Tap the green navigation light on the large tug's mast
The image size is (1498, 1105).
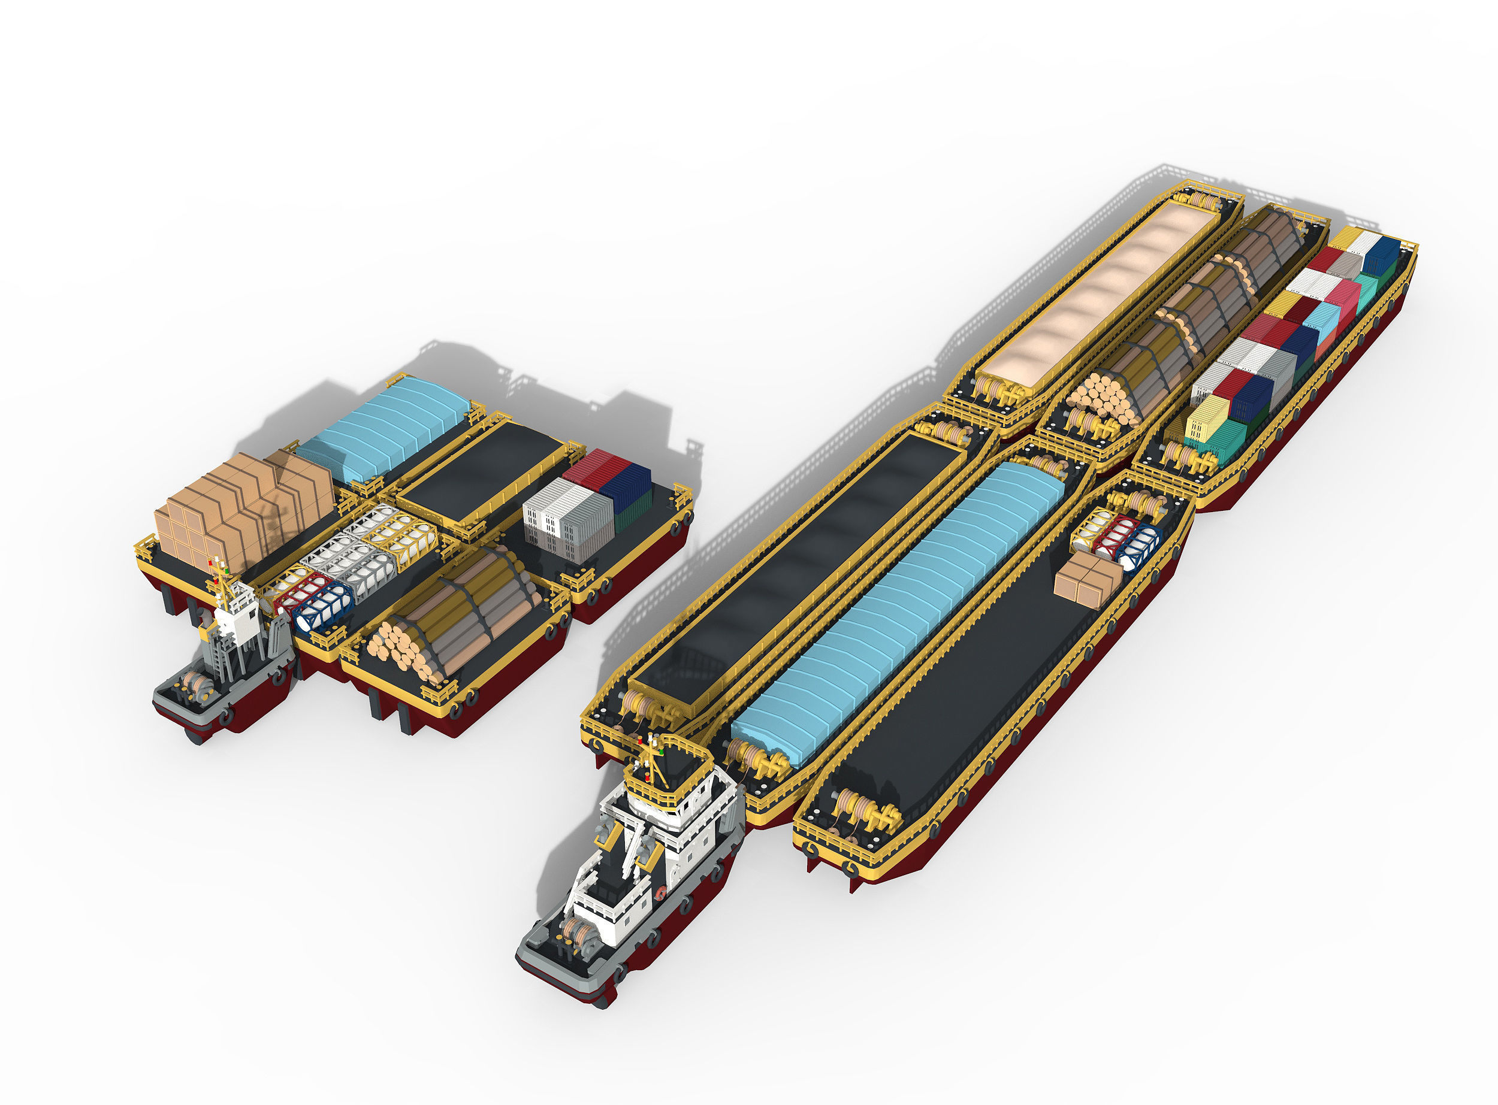(661, 751)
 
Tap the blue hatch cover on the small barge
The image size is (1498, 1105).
(381, 428)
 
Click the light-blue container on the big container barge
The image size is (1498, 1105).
(1322, 321)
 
